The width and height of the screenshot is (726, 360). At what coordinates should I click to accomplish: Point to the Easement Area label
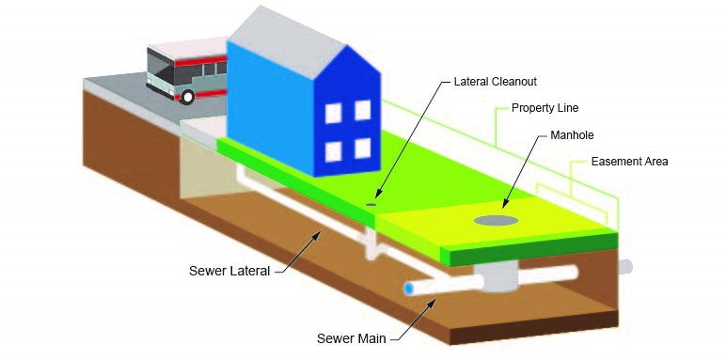tap(629, 162)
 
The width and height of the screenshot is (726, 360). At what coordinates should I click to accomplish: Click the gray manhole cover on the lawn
tap(496, 220)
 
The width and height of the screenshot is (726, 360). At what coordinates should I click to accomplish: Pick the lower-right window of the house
tap(360, 147)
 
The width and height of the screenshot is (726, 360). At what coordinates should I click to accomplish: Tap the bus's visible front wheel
tap(188, 96)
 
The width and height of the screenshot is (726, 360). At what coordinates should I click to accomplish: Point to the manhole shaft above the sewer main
tap(491, 274)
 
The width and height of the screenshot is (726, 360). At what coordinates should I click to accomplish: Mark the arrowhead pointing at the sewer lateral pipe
tap(318, 231)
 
